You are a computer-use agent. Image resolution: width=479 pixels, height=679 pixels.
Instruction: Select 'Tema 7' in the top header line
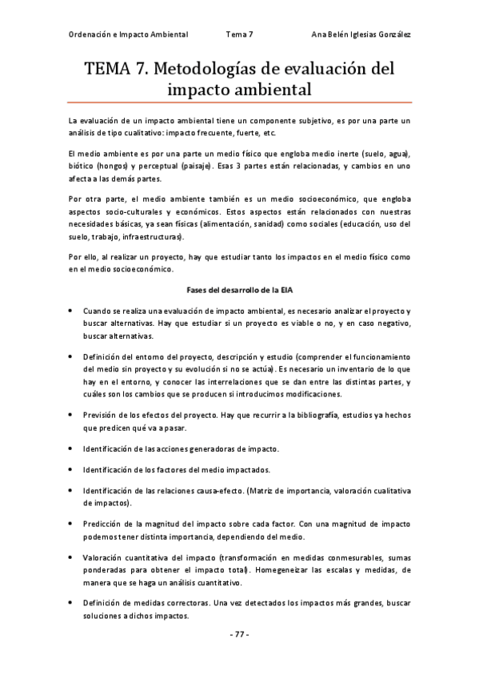(x=239, y=34)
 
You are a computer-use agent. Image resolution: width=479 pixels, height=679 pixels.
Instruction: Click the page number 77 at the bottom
(x=239, y=634)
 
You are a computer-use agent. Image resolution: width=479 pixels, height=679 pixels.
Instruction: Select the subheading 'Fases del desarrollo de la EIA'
(x=239, y=288)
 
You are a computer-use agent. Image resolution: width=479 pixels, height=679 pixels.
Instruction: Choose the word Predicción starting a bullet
(x=103, y=523)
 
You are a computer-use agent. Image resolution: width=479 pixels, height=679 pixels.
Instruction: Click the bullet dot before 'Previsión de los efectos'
(x=72, y=415)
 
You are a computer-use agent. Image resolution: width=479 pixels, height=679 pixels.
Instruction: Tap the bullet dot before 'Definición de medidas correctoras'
(x=72, y=602)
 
